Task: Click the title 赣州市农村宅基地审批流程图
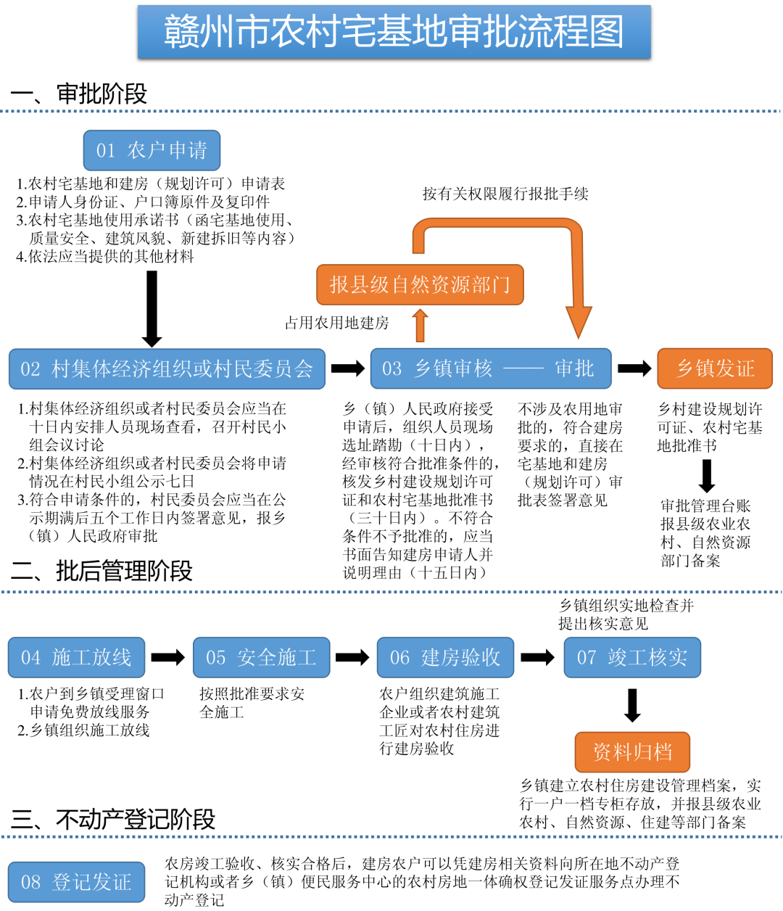pyautogui.click(x=394, y=32)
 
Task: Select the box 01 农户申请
pyautogui.click(x=152, y=150)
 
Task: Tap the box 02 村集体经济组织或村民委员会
pyautogui.click(x=167, y=368)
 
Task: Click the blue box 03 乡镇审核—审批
pyautogui.click(x=490, y=368)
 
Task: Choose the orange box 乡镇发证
pyautogui.click(x=714, y=368)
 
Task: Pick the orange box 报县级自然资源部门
pyautogui.click(x=420, y=284)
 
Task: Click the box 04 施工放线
pyautogui.click(x=77, y=657)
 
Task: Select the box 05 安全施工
pyautogui.click(x=261, y=657)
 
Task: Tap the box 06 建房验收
pyautogui.click(x=445, y=657)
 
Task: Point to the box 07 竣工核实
pyautogui.click(x=632, y=657)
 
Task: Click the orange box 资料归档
pyautogui.click(x=632, y=751)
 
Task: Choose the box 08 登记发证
pyautogui.click(x=77, y=882)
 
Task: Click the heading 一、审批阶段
pyautogui.click(x=79, y=94)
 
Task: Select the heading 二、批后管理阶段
pyautogui.click(x=101, y=571)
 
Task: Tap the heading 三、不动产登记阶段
pyautogui.click(x=113, y=820)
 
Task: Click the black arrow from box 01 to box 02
pyautogui.click(x=152, y=308)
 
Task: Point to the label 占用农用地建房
pyautogui.click(x=336, y=323)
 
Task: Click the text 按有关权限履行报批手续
pyautogui.click(x=505, y=194)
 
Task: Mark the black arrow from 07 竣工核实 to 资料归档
pyautogui.click(x=632, y=705)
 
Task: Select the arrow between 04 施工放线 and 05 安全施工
pyautogui.click(x=168, y=657)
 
